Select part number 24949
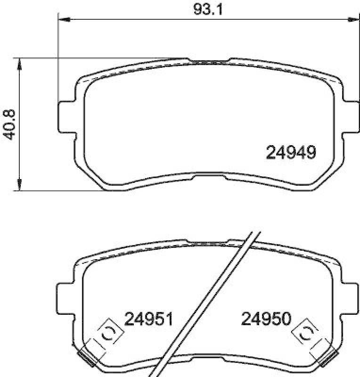tap(290, 152)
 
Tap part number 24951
tap(149, 319)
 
